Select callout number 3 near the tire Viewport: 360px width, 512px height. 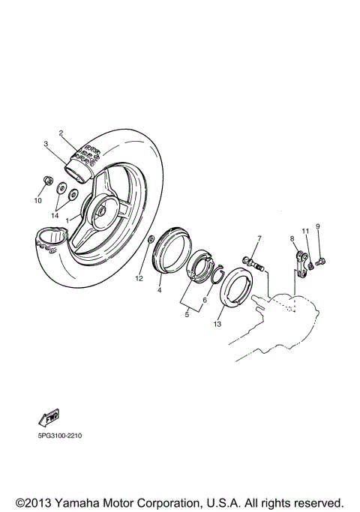46,144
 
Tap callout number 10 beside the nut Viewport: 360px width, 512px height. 37,201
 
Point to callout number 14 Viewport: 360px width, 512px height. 55,215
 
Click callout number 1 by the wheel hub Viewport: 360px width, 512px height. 67,220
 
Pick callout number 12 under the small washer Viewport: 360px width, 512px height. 138,278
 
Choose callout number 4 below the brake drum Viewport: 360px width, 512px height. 159,289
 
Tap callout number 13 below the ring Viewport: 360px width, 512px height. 217,325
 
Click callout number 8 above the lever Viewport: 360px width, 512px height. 292,238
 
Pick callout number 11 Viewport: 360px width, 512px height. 305,230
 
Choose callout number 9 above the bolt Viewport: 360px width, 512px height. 317,226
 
